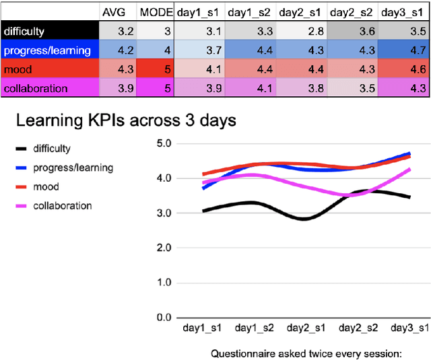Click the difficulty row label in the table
pos(24,30)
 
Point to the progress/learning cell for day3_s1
pos(404,50)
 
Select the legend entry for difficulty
pos(52,149)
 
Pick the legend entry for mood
pos(46,186)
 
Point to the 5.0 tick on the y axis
pos(163,143)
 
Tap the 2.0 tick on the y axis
pos(163,248)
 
